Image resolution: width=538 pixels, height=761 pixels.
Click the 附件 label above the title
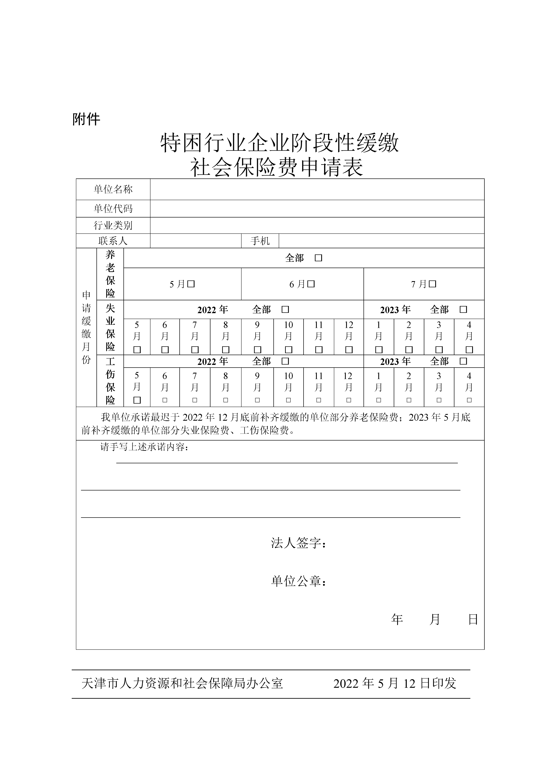point(86,119)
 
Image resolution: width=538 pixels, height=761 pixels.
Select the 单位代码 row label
point(113,209)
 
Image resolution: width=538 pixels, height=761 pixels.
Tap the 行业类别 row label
point(113,225)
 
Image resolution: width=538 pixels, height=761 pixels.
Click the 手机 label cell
point(260,241)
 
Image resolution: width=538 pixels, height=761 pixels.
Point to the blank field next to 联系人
point(195,241)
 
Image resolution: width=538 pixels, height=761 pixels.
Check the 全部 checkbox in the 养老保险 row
point(318,258)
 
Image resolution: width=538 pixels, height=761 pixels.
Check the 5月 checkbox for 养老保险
point(191,284)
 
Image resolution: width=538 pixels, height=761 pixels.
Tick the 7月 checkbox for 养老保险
point(433,284)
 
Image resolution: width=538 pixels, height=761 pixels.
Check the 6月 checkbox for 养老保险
point(311,284)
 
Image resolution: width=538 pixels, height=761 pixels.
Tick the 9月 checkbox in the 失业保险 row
point(257,350)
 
